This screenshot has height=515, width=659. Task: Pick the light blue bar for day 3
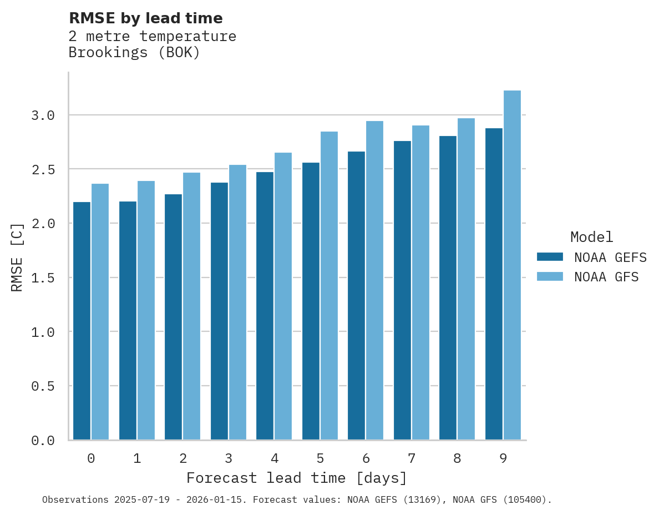tap(237, 302)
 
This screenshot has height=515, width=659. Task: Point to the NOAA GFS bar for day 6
tap(374, 280)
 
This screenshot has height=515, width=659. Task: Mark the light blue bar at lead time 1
tap(146, 310)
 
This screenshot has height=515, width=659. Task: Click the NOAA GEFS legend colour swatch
tap(550, 257)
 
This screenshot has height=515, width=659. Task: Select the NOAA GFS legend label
tap(606, 277)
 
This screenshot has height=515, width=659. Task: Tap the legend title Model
tap(592, 237)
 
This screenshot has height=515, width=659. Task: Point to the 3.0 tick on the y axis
tap(43, 115)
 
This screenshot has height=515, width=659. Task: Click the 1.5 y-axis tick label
tap(43, 277)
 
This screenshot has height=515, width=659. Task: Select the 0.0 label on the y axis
tap(43, 441)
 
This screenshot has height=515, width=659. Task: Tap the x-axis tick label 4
tap(274, 458)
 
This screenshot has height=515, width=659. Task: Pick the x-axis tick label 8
tap(457, 458)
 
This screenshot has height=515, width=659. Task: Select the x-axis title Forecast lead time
tap(297, 478)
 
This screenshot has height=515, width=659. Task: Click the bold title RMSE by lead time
tap(145, 18)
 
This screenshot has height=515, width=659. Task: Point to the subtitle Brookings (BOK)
tap(134, 53)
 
